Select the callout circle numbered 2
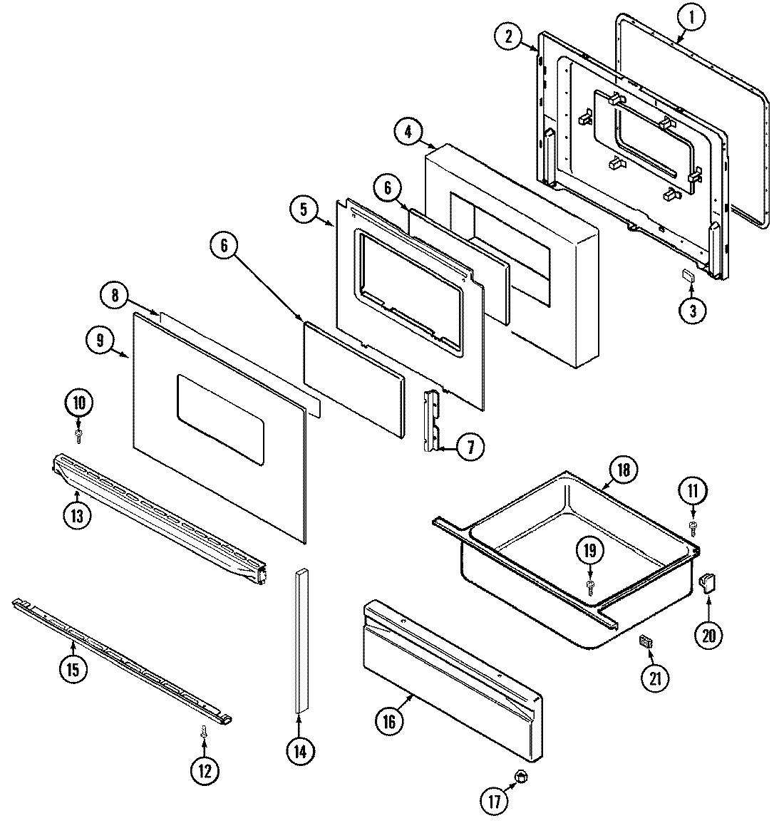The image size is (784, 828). pyautogui.click(x=508, y=38)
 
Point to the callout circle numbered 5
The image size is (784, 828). pyautogui.click(x=304, y=209)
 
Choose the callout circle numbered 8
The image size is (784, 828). pyautogui.click(x=115, y=295)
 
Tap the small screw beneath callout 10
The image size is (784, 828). pyautogui.click(x=79, y=433)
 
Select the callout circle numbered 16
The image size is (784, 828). pyautogui.click(x=388, y=721)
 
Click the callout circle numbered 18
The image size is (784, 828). pyautogui.click(x=624, y=470)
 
